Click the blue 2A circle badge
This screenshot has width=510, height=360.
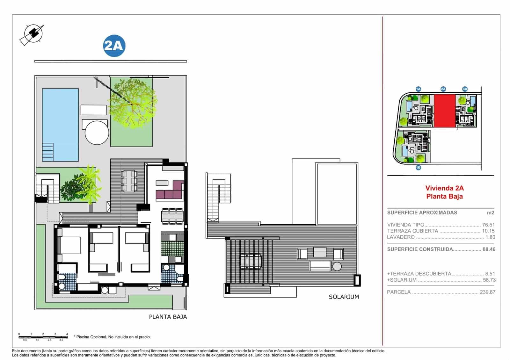[x=114, y=46]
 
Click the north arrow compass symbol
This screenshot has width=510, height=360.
[x=32, y=34]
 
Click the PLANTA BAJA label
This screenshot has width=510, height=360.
[x=168, y=317]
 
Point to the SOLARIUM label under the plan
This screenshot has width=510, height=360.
[x=344, y=297]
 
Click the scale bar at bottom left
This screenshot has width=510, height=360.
[x=43, y=337]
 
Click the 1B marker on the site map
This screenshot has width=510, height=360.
[x=418, y=167]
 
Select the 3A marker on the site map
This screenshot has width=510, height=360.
[x=465, y=89]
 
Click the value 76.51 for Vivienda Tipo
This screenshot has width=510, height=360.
[x=488, y=225]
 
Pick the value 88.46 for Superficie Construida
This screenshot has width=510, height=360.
[x=489, y=249]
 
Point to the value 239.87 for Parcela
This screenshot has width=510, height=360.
[x=487, y=292]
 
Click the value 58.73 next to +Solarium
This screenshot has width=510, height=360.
[x=489, y=280]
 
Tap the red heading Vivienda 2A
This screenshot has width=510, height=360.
[x=444, y=188]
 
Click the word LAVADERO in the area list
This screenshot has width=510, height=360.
[x=401, y=237]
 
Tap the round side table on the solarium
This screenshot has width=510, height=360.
[x=337, y=266]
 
